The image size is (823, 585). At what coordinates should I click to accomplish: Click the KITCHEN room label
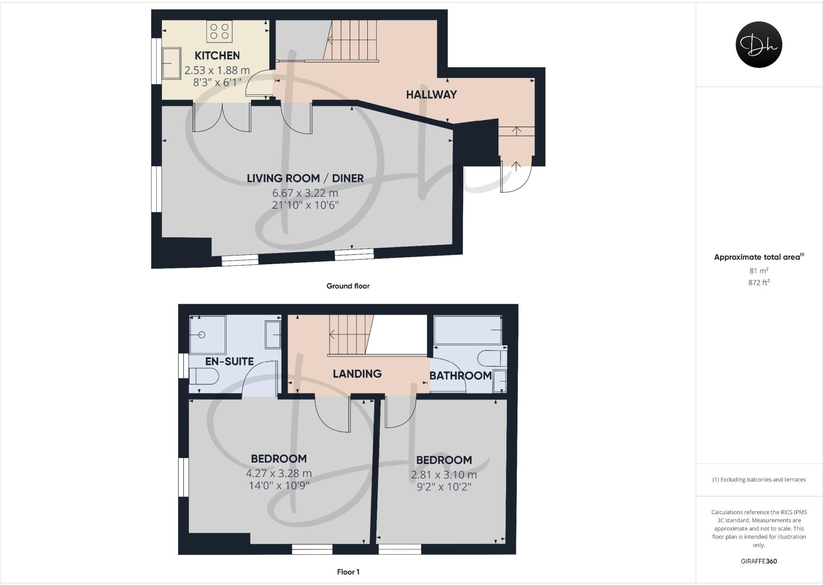tap(217, 55)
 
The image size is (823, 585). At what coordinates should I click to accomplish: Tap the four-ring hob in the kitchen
tap(219, 32)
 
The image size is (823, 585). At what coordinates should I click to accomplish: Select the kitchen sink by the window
tap(172, 63)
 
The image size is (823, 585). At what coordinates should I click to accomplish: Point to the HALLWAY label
tap(431, 95)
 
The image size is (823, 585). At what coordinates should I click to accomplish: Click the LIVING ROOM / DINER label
tap(305, 178)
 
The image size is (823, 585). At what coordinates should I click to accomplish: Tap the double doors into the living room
tap(222, 118)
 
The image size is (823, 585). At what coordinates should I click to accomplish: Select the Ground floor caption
tap(348, 286)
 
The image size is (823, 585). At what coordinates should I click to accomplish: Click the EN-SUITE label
tap(229, 361)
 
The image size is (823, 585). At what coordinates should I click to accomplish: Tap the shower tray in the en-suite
tap(207, 335)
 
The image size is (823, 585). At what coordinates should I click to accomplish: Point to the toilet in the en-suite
tap(204, 377)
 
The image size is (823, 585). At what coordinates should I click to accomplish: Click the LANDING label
tap(357, 374)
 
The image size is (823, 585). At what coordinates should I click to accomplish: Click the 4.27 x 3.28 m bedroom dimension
tap(278, 473)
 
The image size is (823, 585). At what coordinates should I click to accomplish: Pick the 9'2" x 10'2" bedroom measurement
tap(444, 487)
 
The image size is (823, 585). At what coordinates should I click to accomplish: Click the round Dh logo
tap(758, 45)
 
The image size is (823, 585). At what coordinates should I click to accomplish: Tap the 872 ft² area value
tap(758, 282)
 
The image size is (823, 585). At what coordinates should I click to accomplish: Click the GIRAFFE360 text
tap(758, 561)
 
